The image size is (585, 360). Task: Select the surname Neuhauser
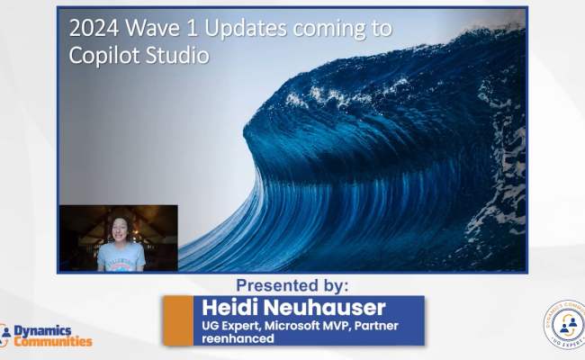pyautogui.click(x=314, y=308)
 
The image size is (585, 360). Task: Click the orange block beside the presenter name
pyautogui.click(x=179, y=320)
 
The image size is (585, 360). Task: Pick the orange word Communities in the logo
pyautogui.click(x=53, y=342)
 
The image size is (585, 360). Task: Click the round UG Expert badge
pyautogui.click(x=564, y=326)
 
